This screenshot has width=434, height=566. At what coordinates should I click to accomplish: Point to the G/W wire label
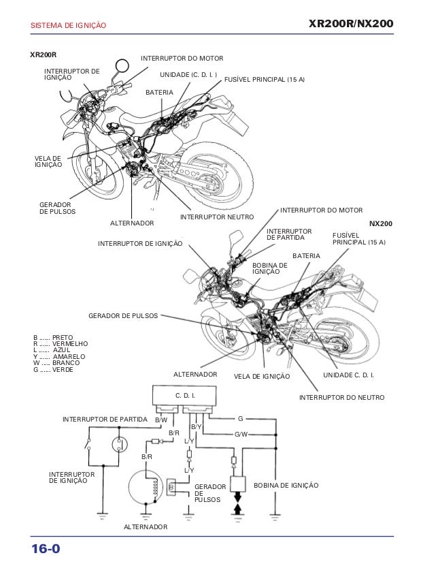[241, 434]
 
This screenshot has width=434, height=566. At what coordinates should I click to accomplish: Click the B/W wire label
[161, 420]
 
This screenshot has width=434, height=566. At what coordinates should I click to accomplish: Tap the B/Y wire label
[196, 426]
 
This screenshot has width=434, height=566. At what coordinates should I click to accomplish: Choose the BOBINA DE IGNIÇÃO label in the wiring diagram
[286, 485]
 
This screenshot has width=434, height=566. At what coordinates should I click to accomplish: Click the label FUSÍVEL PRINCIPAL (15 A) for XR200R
[265, 80]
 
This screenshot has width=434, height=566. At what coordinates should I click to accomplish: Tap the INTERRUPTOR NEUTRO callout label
[216, 217]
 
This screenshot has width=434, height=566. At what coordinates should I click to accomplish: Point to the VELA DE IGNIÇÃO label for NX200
[261, 376]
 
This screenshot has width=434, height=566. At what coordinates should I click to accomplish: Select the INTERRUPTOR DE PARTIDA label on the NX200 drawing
[289, 234]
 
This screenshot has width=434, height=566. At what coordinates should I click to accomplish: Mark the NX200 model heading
[381, 223]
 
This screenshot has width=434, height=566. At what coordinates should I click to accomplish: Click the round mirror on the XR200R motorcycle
[122, 66]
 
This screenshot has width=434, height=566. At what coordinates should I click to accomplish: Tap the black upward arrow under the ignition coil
[238, 509]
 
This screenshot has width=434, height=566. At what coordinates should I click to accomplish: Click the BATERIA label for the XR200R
[160, 91]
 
